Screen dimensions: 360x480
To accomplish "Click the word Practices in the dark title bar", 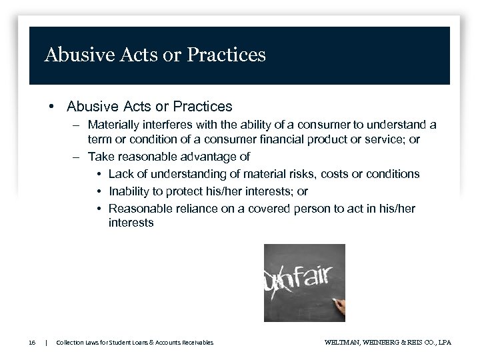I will pyautogui.click(x=228, y=55).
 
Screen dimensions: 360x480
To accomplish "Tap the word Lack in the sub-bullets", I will pyautogui.click(x=121, y=174).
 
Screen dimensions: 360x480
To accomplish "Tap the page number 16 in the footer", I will pyautogui.click(x=32, y=342).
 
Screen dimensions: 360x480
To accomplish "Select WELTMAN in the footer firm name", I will pyautogui.click(x=341, y=342).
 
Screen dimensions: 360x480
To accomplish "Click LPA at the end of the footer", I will pyautogui.click(x=444, y=342).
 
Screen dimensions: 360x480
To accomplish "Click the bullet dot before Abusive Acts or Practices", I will pyautogui.click(x=51, y=107).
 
